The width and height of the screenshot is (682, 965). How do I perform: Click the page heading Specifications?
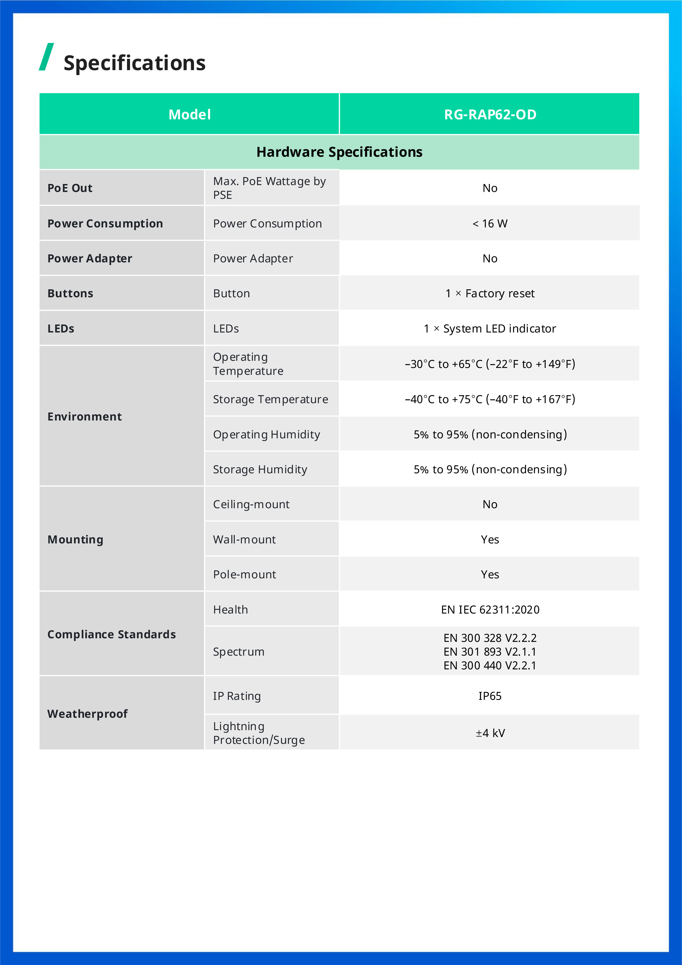point(134,63)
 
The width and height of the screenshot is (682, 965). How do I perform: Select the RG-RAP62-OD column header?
point(490,114)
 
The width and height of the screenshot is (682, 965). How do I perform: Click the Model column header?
point(189,114)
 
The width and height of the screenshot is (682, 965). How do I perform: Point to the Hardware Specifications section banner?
point(339,152)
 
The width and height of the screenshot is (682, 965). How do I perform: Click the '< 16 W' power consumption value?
point(490,224)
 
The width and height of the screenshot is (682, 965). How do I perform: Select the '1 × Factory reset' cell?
point(490,293)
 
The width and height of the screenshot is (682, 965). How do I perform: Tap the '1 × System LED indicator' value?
point(490,329)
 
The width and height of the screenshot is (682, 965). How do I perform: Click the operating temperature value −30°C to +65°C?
point(490,364)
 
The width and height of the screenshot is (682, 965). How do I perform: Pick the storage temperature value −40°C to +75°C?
point(490,399)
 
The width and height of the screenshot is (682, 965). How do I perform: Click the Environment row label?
point(84,417)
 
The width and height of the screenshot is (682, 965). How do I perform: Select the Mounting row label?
point(75,539)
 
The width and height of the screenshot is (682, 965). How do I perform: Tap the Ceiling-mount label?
point(251,504)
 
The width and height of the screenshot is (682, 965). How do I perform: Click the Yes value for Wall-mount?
point(490,539)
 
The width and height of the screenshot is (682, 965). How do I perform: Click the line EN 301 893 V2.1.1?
point(490,652)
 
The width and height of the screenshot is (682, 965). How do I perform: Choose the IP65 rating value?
point(490,696)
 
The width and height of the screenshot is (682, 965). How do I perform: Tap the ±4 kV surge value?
point(490,733)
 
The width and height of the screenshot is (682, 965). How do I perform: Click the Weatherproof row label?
point(87,714)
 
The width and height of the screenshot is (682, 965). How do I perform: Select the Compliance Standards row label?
point(111,634)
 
